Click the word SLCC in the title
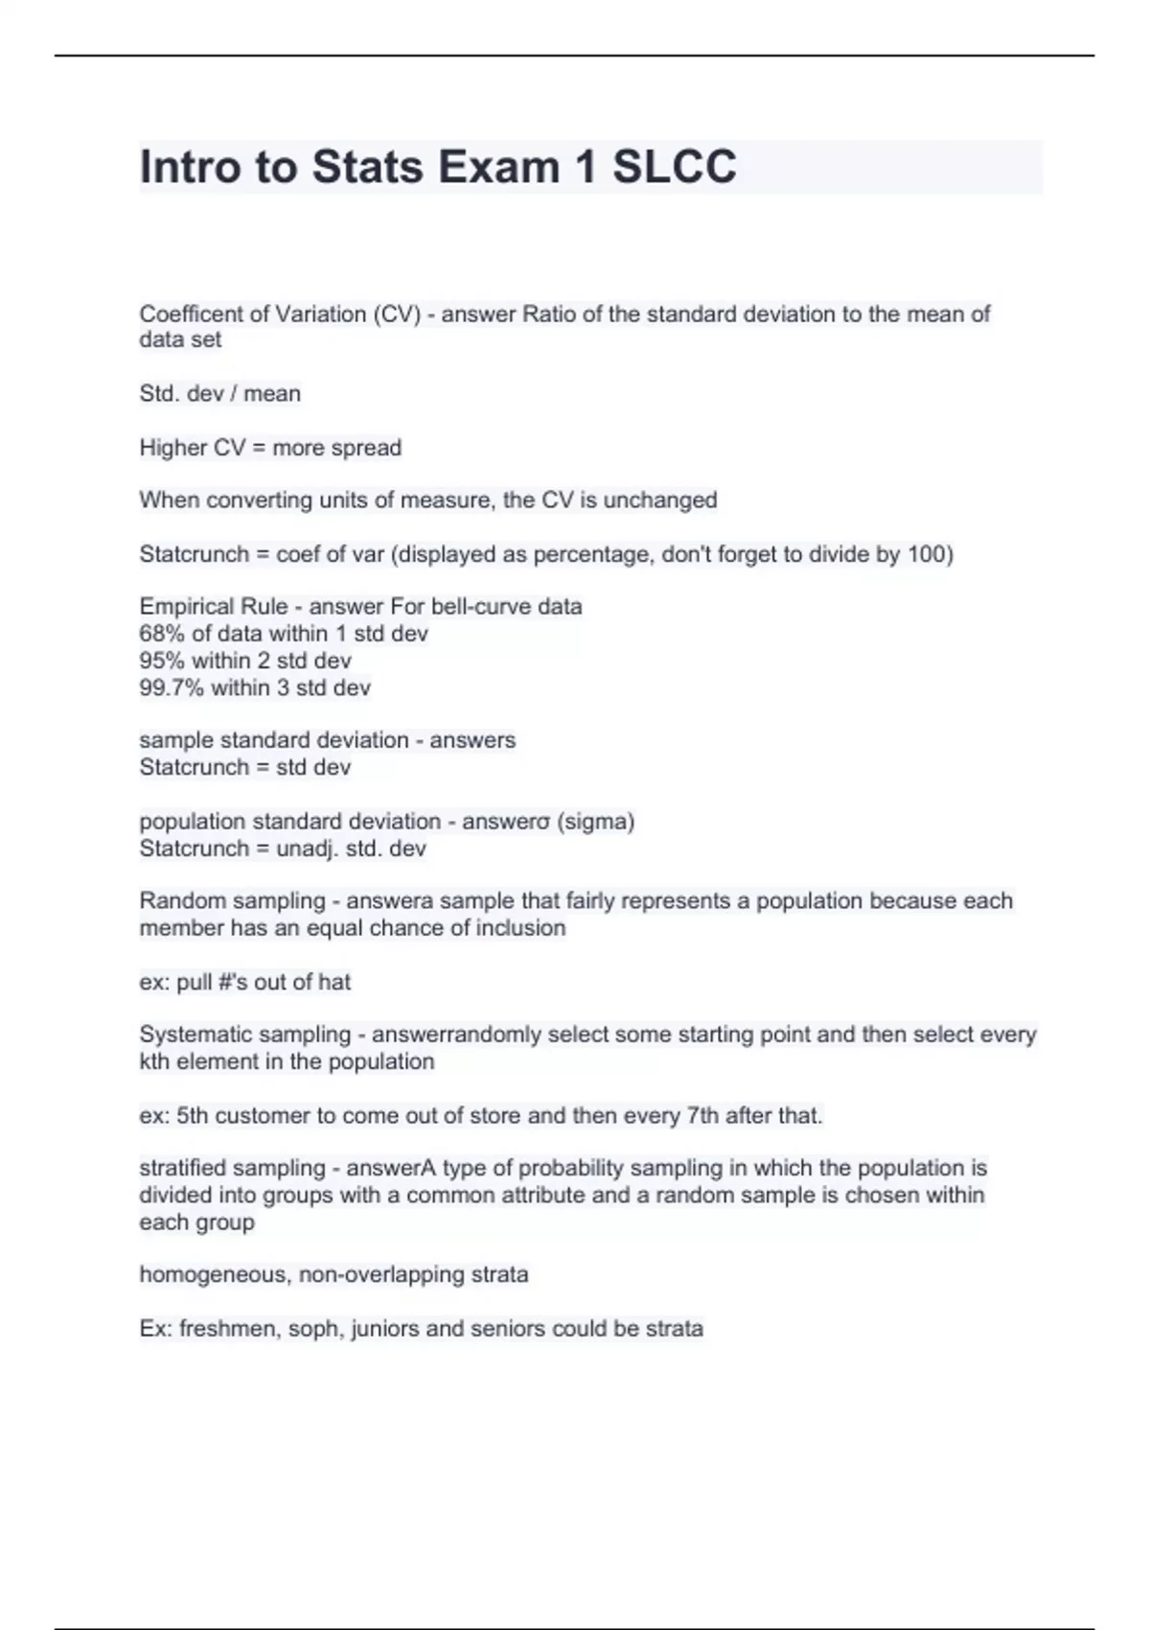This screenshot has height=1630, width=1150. click(x=675, y=167)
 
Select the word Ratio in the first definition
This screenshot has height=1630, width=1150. click(x=549, y=314)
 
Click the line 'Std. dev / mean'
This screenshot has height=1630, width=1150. click(x=219, y=394)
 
